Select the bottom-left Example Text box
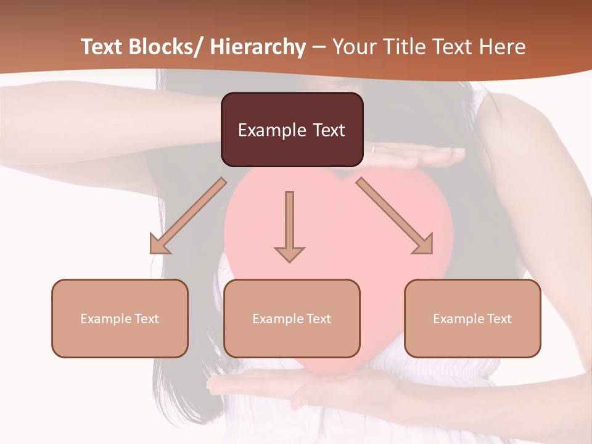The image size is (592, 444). tap(120, 319)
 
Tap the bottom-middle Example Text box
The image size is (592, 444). tap(292, 319)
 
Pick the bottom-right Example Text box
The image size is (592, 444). tap(472, 319)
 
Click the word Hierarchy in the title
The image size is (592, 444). tap(258, 47)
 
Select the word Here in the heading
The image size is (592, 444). tap(503, 47)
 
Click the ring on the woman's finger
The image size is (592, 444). tap(372, 148)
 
